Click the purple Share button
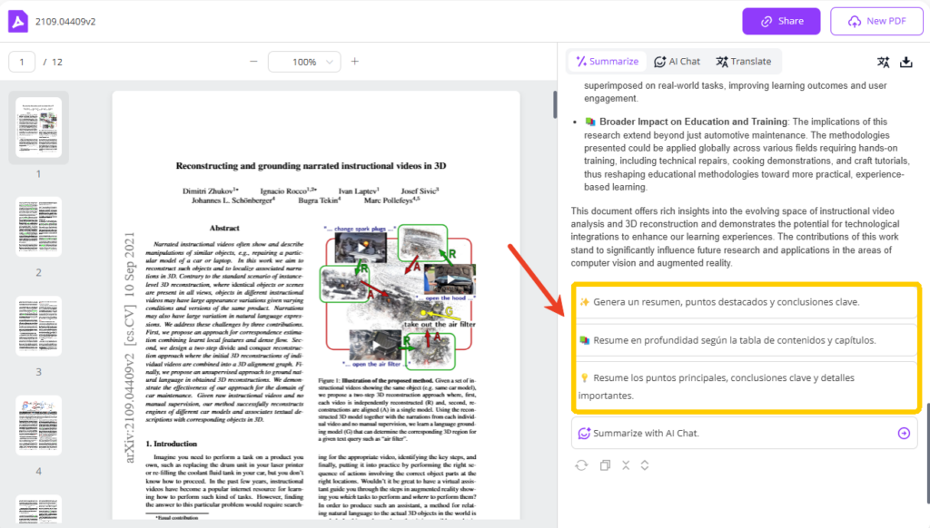[781, 21]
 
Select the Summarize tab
[606, 62]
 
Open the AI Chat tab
[677, 62]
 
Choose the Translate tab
[743, 62]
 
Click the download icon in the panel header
[905, 62]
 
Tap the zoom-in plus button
[355, 62]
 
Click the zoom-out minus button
[254, 62]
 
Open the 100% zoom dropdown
[304, 62]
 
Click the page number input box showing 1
[22, 62]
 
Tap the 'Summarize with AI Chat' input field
[731, 434]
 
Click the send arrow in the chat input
[904, 434]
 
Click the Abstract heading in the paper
[224, 228]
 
